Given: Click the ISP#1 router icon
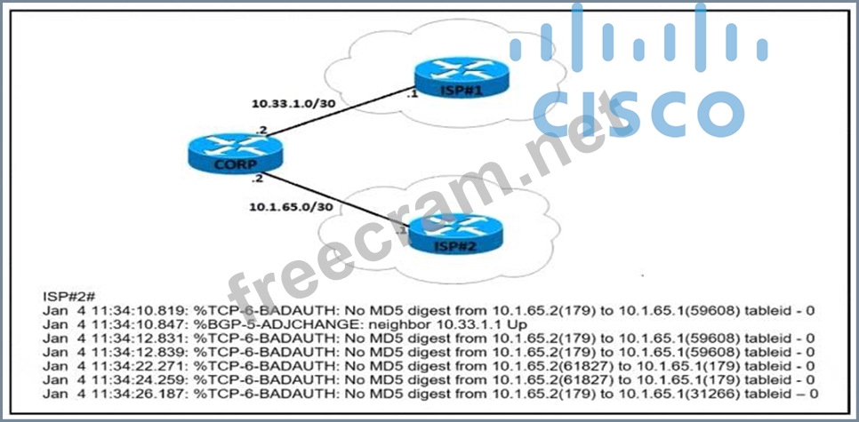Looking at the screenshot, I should point(459,79).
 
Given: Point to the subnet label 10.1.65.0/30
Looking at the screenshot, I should point(291,207).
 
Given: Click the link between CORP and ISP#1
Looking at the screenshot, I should point(338,112).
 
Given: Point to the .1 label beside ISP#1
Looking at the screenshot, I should point(411,92).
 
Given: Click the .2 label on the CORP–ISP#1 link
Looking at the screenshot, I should point(261,130).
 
